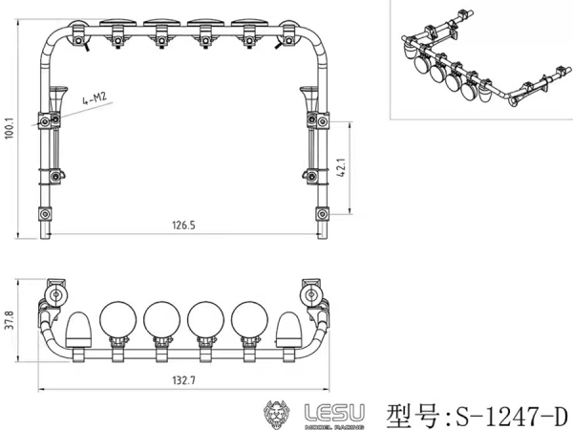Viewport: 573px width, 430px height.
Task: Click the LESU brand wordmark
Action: click(x=333, y=412)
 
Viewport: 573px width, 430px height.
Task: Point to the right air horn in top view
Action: click(x=308, y=100)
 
